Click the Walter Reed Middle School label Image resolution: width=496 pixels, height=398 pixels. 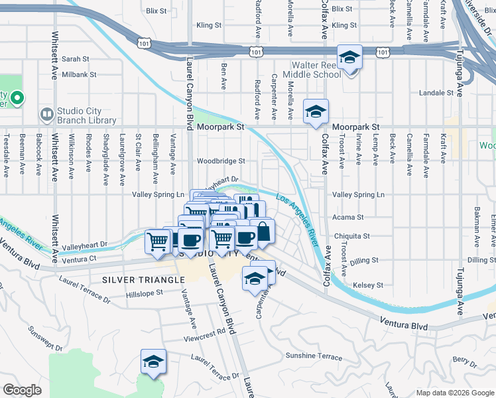(316, 70)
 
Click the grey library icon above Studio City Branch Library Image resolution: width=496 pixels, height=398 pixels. (46, 113)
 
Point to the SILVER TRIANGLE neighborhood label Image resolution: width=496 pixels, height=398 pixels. (143, 280)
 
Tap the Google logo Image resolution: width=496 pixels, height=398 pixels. (22, 390)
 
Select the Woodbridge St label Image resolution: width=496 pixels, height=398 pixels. (221, 161)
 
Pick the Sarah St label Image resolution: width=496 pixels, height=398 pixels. (75, 59)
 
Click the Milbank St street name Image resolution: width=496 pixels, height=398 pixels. (79, 75)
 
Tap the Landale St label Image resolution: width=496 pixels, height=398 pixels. (436, 93)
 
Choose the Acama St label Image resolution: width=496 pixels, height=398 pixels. (351, 217)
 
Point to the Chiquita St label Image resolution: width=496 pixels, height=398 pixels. (351, 236)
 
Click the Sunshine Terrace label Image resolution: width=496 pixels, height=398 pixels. (314, 356)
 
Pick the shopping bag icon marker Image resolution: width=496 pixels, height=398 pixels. (263, 231)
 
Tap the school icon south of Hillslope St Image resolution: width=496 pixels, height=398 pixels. (153, 362)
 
